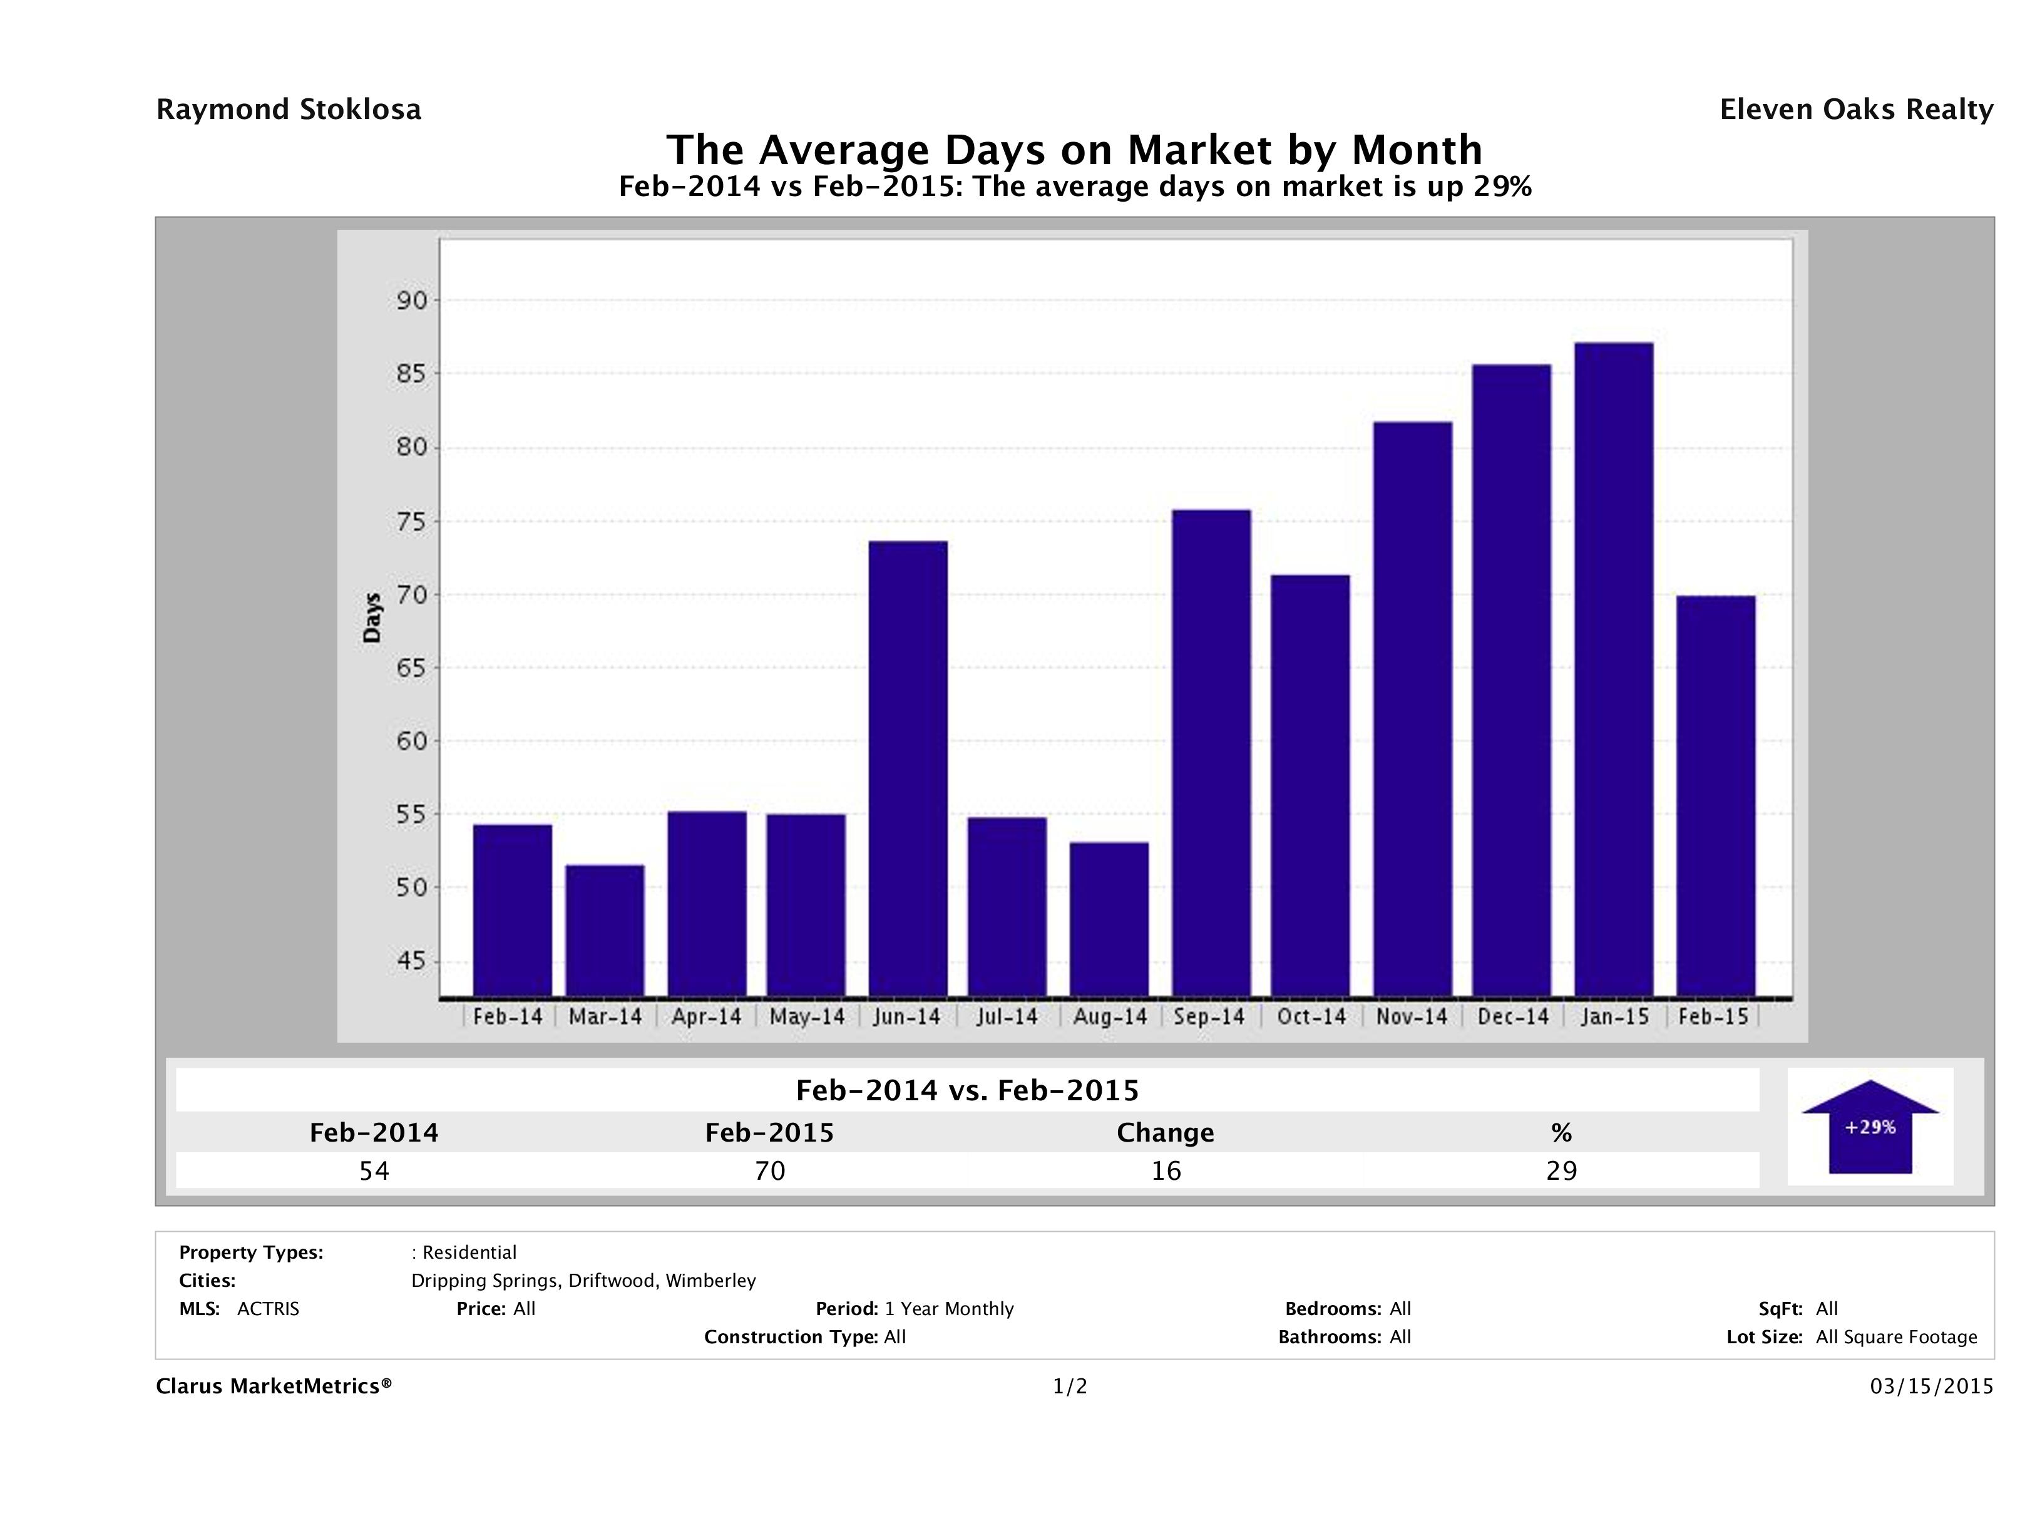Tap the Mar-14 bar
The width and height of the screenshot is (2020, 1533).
point(605,930)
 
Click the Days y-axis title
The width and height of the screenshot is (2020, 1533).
point(372,617)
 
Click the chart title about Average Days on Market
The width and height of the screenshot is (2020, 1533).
point(1074,149)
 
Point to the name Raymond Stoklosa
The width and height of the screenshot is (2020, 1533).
point(289,110)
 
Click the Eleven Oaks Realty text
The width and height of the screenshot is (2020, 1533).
point(1855,110)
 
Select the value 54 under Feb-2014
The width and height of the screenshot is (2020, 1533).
point(374,1170)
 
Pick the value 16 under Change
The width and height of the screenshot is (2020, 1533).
point(1166,1170)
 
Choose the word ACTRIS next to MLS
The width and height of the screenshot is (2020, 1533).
point(267,1308)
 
